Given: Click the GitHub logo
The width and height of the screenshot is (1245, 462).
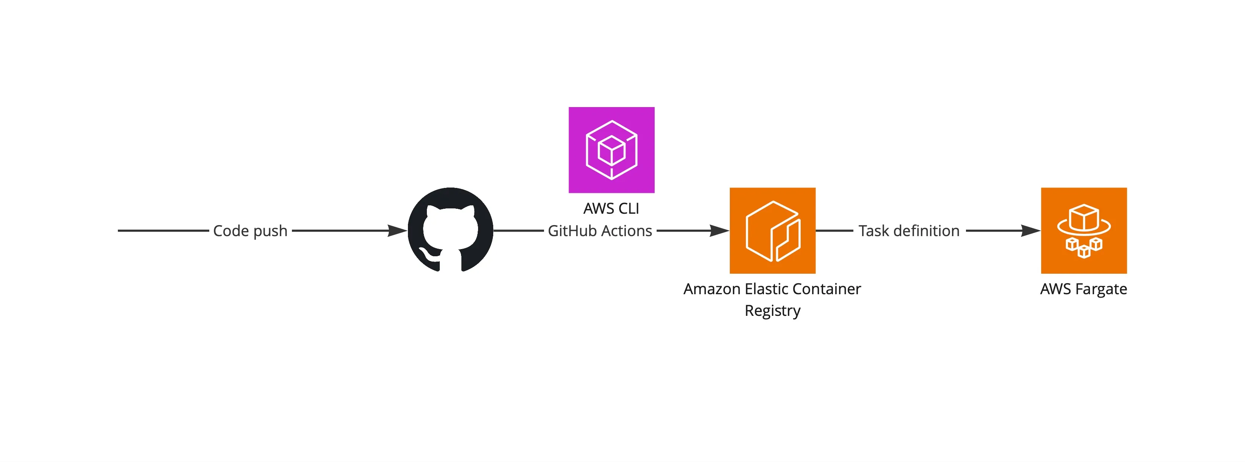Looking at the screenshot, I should tap(450, 230).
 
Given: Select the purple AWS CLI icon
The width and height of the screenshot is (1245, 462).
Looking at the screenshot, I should tap(612, 150).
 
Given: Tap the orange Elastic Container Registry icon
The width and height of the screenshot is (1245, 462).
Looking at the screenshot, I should tap(772, 230).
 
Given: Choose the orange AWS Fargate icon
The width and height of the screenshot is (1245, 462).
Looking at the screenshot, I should tap(1083, 230).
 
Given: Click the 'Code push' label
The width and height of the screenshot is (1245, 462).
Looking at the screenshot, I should tap(250, 231).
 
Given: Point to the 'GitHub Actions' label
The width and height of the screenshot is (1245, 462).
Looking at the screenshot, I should tap(600, 231).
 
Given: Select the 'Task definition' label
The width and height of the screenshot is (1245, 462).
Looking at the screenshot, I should tap(909, 231).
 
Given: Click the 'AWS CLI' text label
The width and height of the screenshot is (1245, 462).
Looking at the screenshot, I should tap(611, 208).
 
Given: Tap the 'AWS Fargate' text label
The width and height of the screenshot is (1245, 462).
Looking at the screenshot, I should tap(1083, 289).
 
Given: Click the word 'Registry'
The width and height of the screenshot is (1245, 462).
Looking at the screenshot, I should tap(772, 311).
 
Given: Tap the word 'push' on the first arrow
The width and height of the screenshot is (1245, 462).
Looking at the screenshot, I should tap(270, 231).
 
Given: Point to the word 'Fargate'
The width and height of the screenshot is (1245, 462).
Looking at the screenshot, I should tap(1101, 289).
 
